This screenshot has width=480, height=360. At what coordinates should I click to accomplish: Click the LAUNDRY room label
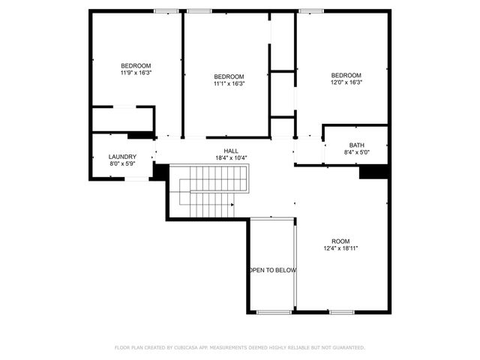(123, 157)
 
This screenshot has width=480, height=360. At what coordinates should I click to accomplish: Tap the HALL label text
(231, 150)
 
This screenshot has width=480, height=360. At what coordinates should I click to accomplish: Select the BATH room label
(356, 145)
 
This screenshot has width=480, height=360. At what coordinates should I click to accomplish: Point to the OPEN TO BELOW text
(273, 270)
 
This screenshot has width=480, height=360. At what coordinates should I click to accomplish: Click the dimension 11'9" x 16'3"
(136, 73)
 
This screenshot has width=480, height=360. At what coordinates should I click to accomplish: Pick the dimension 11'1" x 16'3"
(229, 83)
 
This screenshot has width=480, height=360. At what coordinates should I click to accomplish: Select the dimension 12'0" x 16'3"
(346, 82)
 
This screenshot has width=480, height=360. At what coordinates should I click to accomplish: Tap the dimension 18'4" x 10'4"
(231, 157)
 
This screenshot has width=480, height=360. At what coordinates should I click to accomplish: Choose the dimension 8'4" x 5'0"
(356, 152)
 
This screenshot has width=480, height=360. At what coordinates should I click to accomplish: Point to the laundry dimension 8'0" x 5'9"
(123, 164)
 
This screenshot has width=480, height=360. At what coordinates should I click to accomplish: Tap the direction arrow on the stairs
(232, 203)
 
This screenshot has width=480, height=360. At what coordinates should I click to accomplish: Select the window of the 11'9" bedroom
(166, 10)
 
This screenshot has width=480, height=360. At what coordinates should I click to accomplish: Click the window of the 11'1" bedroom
(198, 10)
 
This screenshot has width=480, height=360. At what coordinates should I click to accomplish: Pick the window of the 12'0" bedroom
(310, 10)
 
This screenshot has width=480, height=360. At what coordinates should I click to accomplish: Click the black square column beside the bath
(372, 172)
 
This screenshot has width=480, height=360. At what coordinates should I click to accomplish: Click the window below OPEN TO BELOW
(273, 311)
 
